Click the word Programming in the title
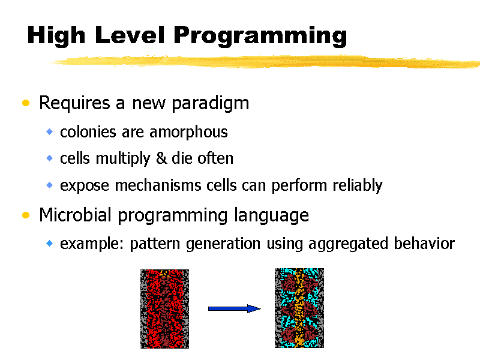(x=260, y=36)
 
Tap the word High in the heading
(x=56, y=36)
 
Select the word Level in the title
(x=130, y=35)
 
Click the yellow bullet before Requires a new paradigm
(x=26, y=103)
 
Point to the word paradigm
(x=211, y=103)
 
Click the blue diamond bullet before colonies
(x=49, y=131)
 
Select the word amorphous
(x=188, y=132)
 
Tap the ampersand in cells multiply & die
(x=161, y=158)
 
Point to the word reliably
(x=358, y=185)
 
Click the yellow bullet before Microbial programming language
(x=26, y=215)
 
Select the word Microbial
(x=75, y=215)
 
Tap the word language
(x=272, y=216)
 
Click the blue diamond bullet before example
(x=49, y=244)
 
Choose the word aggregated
(x=348, y=244)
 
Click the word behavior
(x=424, y=244)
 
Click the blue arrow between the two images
(x=234, y=308)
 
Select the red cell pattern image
(x=164, y=308)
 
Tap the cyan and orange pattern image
(x=299, y=308)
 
